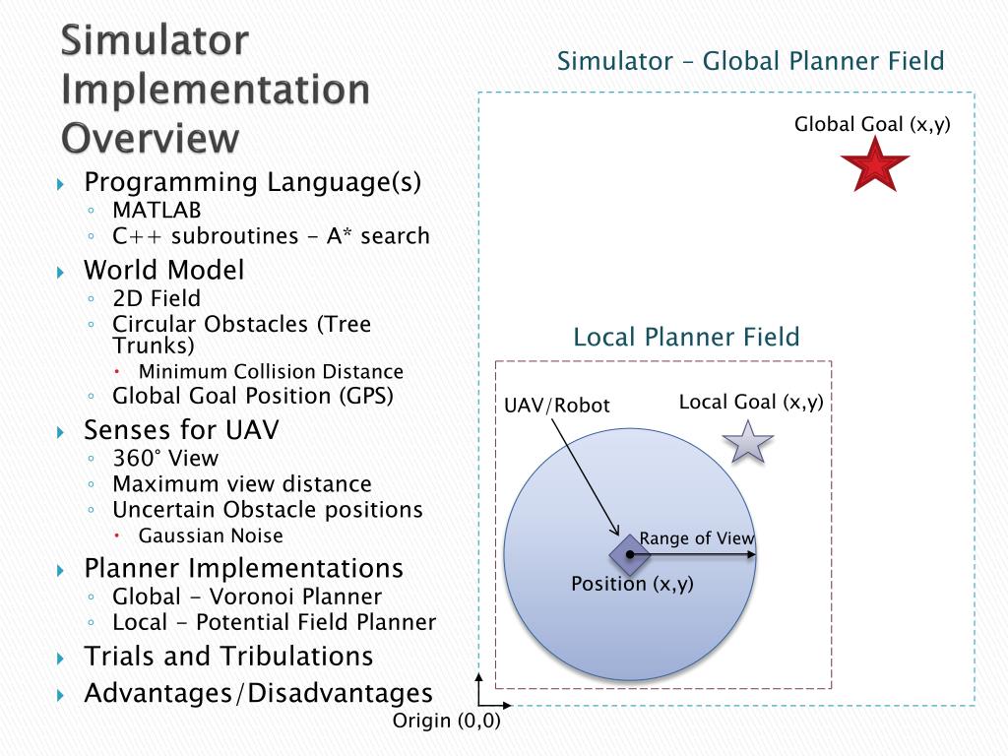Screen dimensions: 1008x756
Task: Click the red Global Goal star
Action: pos(875,165)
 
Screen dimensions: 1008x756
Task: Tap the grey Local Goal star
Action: pos(748,442)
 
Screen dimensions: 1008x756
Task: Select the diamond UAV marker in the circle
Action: pos(630,554)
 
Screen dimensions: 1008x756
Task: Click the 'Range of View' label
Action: pos(697,538)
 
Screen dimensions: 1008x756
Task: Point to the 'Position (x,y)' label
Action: pos(632,584)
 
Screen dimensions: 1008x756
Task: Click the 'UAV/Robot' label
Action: pos(557,406)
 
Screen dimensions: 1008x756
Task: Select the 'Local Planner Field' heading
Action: pos(686,338)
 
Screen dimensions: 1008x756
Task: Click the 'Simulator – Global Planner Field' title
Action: pos(750,61)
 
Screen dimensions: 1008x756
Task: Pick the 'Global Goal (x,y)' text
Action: pos(872,124)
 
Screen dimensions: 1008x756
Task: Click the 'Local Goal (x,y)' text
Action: pos(751,402)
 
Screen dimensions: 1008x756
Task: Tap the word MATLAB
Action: pos(157,210)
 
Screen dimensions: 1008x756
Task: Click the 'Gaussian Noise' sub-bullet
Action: pos(211,535)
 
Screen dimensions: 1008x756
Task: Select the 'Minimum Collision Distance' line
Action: pos(271,371)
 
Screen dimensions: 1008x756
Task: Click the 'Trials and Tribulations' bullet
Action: pos(228,656)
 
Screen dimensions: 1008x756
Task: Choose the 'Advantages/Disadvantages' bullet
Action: pos(258,693)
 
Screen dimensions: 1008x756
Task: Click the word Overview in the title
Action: pos(150,137)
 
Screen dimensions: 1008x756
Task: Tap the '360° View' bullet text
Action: pos(165,458)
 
